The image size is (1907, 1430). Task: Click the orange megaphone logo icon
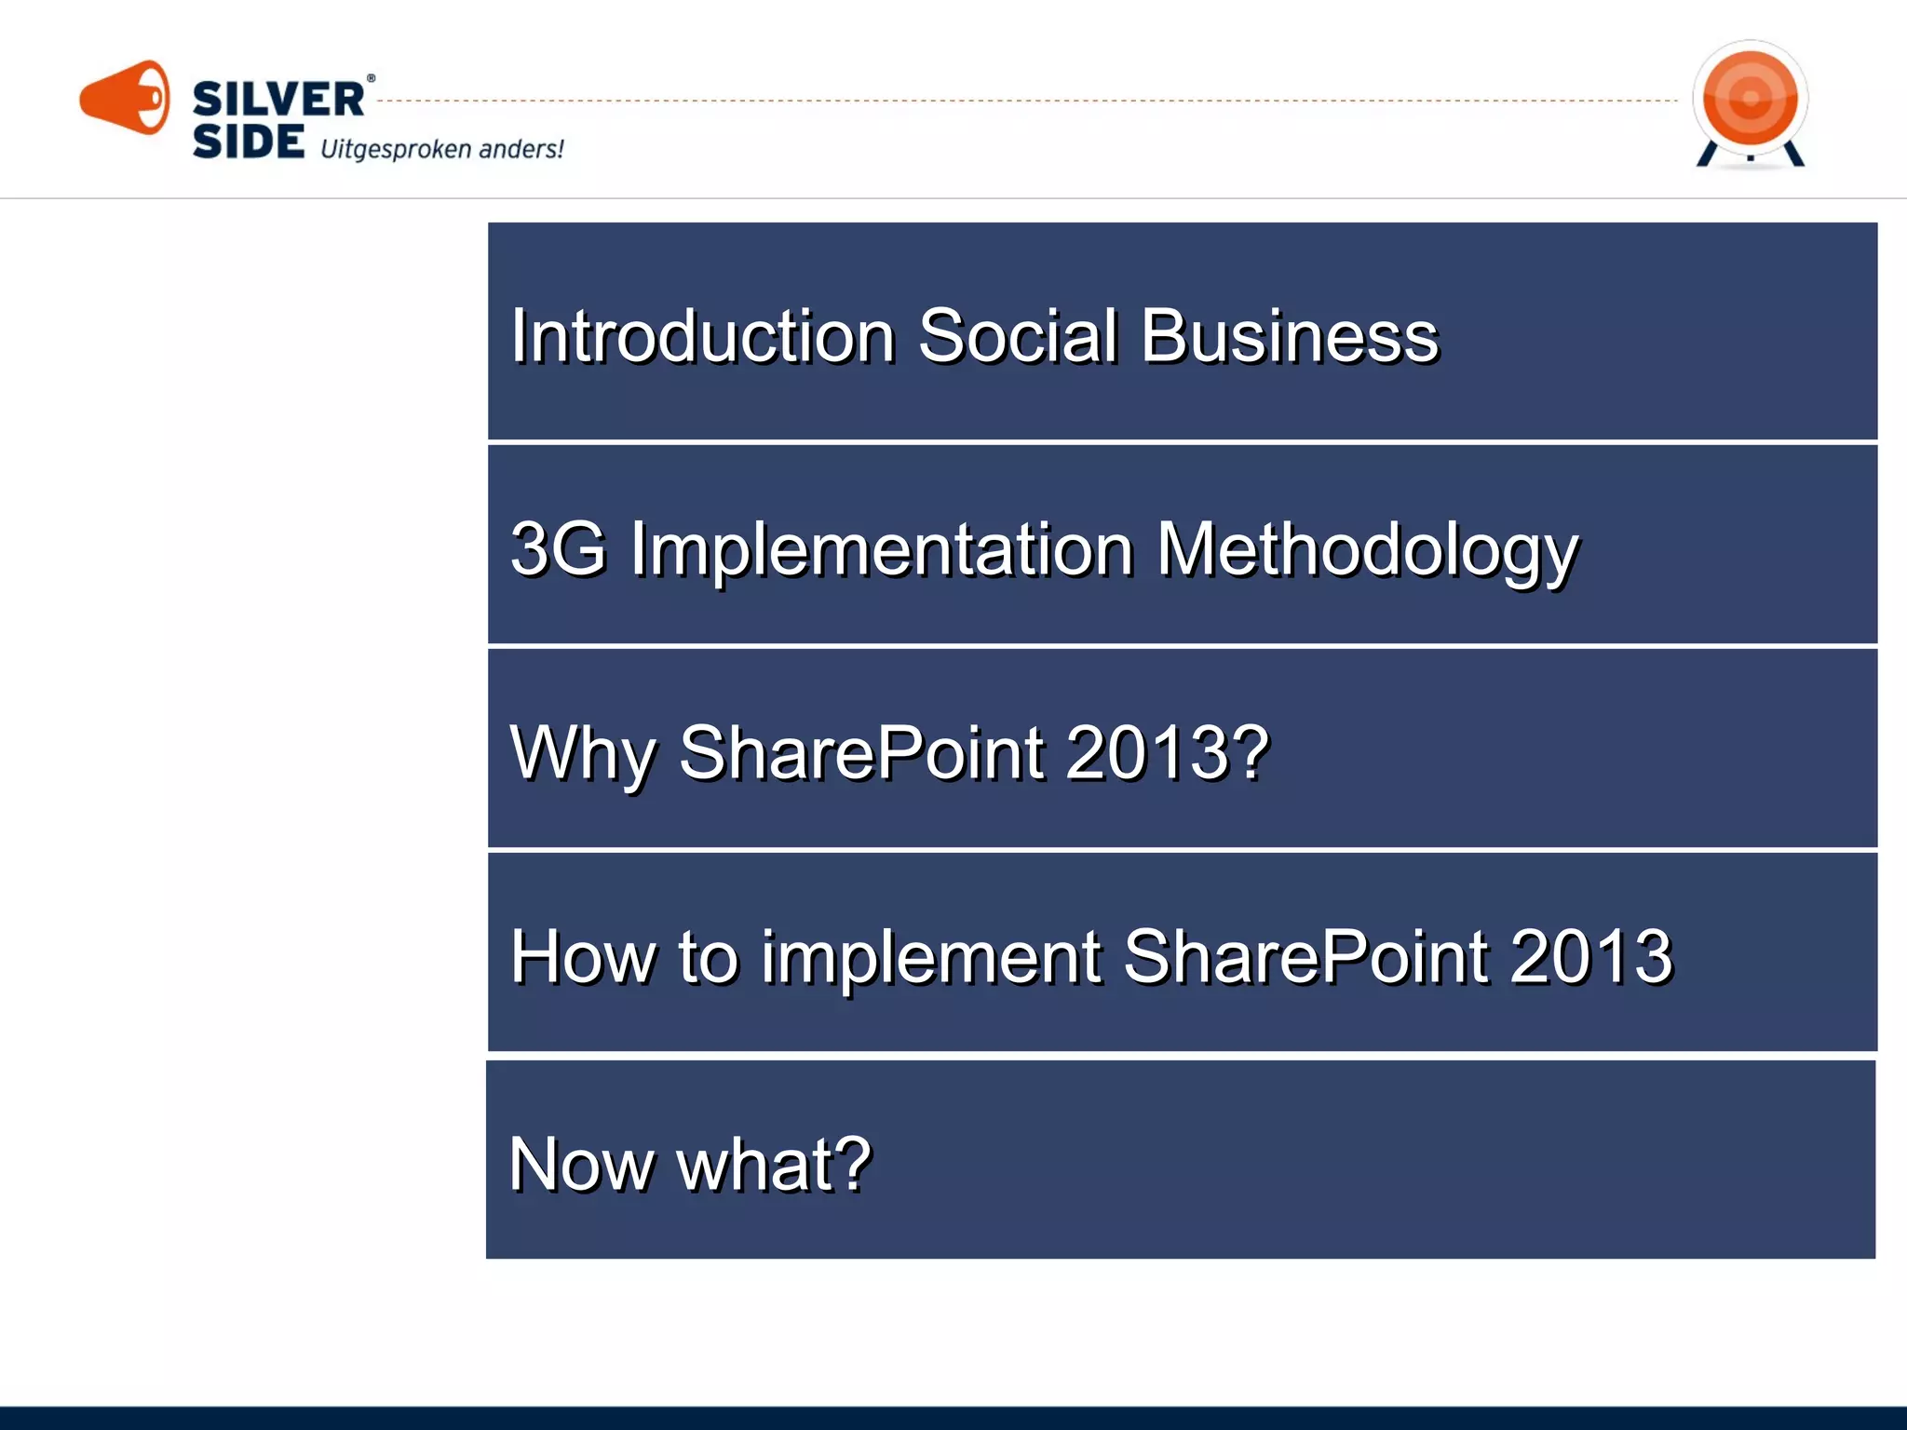pyautogui.click(x=125, y=98)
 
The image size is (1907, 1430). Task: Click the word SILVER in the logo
pyautogui.click(x=277, y=100)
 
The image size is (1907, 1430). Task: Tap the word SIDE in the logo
pyautogui.click(x=248, y=142)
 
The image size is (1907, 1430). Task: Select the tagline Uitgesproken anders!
pyautogui.click(x=441, y=149)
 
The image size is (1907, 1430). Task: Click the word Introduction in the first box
pyautogui.click(x=702, y=336)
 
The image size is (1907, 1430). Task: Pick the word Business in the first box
pyautogui.click(x=1290, y=336)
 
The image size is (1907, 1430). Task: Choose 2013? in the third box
pyautogui.click(x=1168, y=752)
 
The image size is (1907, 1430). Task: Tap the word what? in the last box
pyautogui.click(x=774, y=1165)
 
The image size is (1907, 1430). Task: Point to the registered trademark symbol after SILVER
pyautogui.click(x=371, y=79)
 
